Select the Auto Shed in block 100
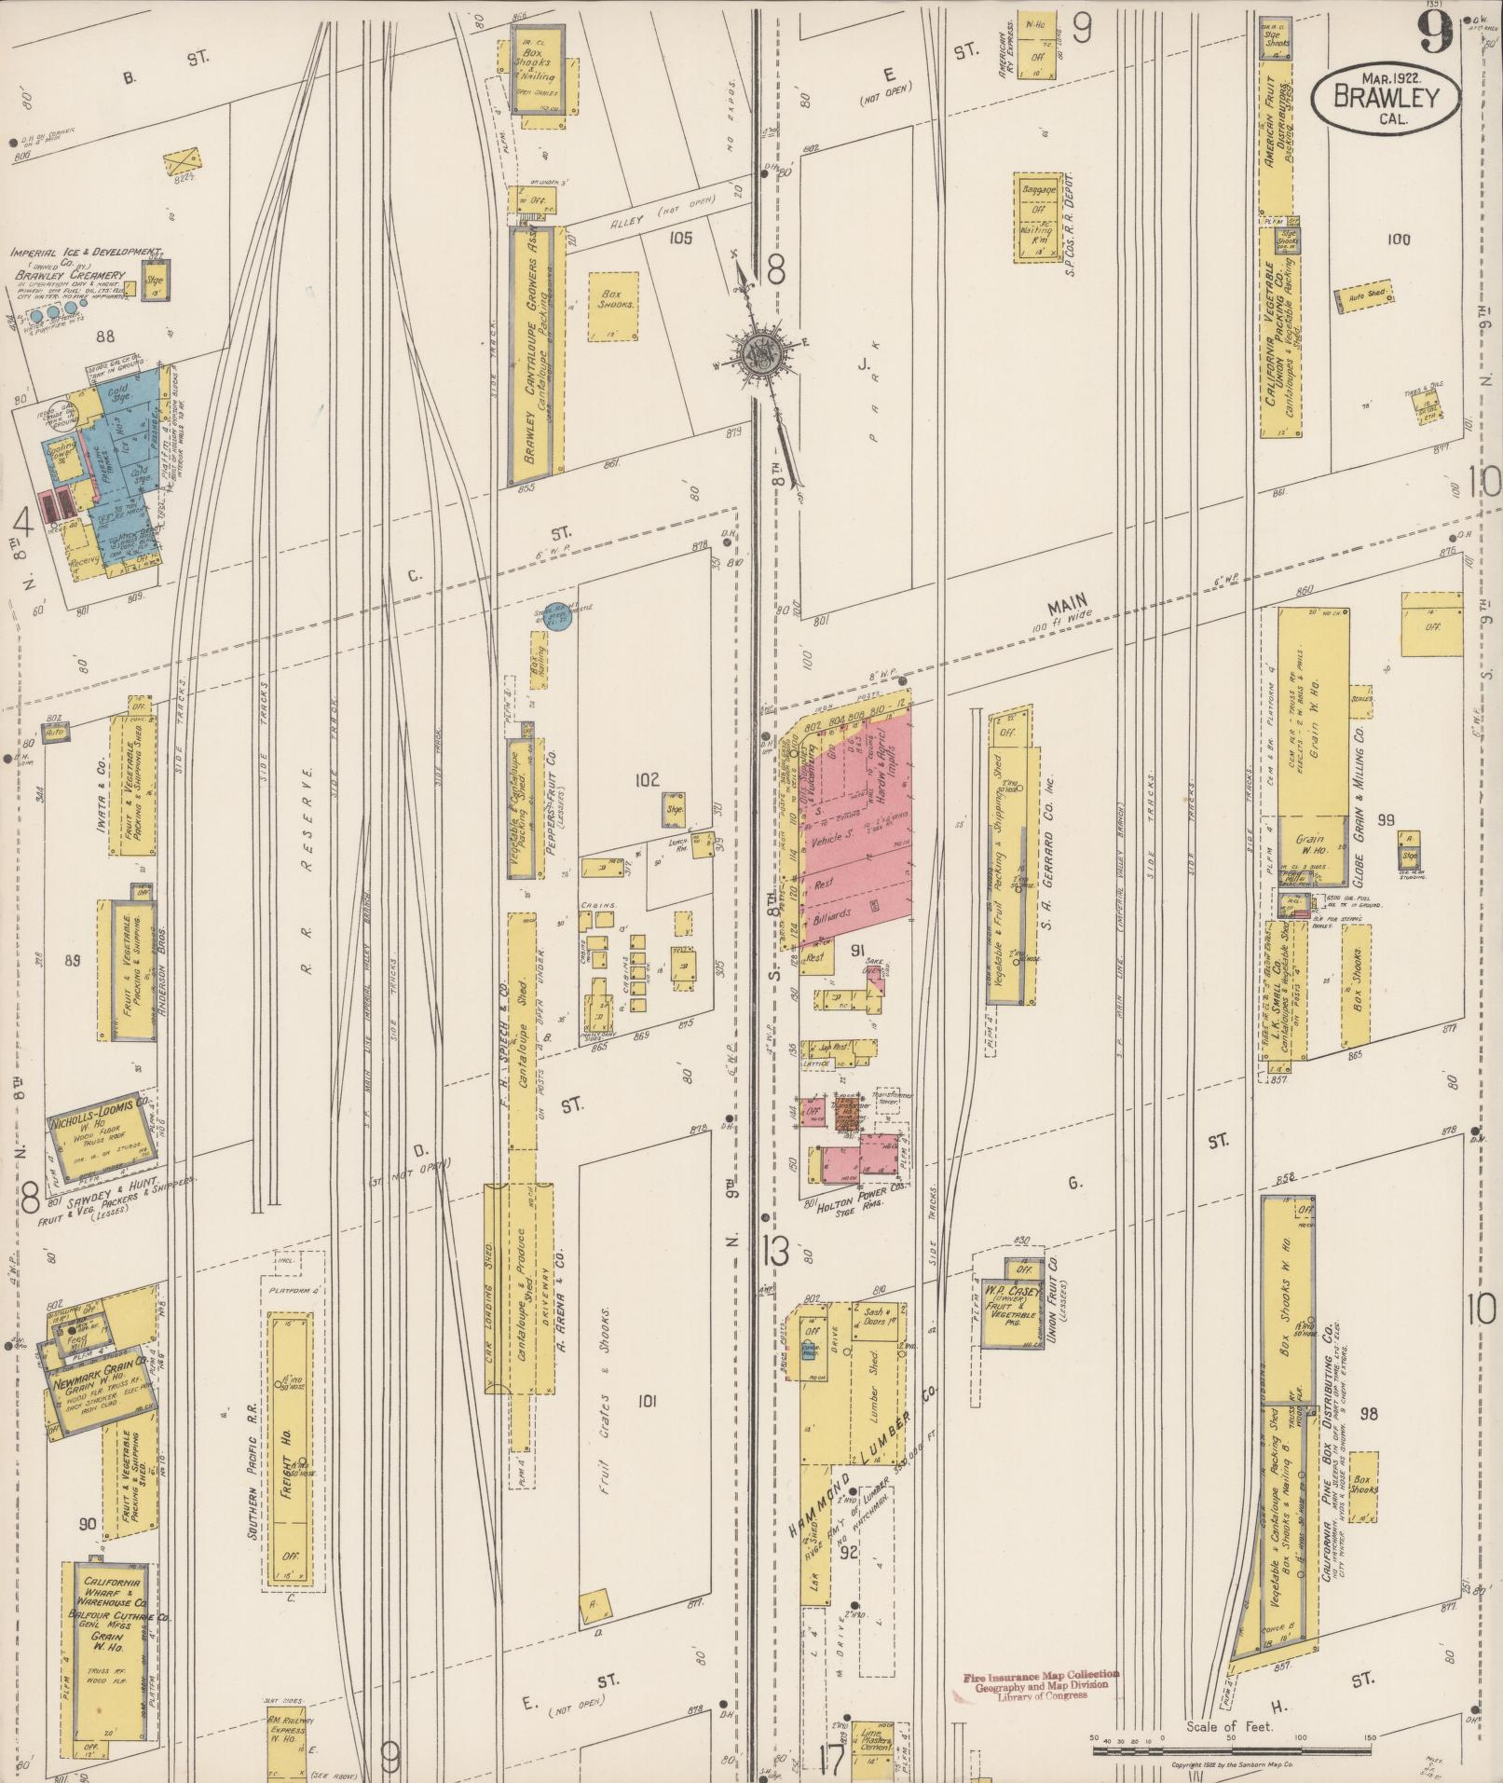1366,295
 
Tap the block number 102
647,778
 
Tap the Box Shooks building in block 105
612,306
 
